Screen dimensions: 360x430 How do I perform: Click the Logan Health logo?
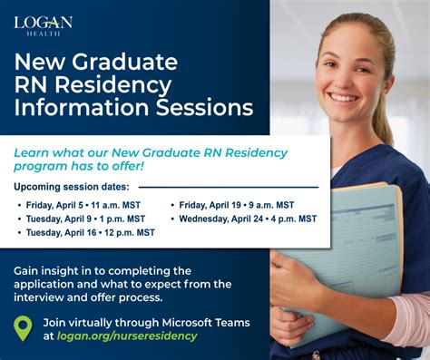click(x=43, y=24)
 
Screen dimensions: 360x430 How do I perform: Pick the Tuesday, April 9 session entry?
click(x=83, y=219)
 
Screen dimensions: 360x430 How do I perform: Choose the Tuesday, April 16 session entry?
click(x=89, y=232)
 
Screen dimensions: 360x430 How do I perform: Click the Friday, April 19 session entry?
click(x=236, y=205)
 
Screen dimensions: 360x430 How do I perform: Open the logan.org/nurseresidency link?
click(x=126, y=336)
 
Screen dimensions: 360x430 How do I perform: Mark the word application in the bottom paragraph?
click(x=49, y=284)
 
